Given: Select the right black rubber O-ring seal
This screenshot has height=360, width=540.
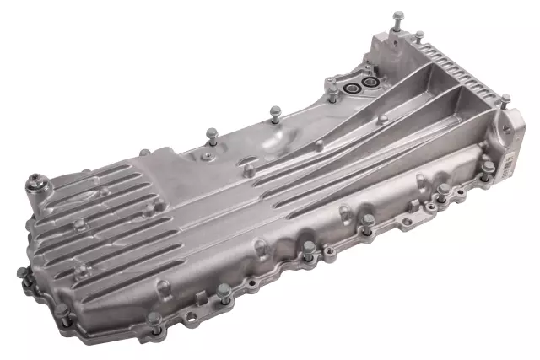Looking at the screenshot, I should (x=368, y=84).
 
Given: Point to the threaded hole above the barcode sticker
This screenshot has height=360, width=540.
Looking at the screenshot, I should (x=505, y=125).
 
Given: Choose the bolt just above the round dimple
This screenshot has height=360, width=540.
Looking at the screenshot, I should (x=274, y=110).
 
